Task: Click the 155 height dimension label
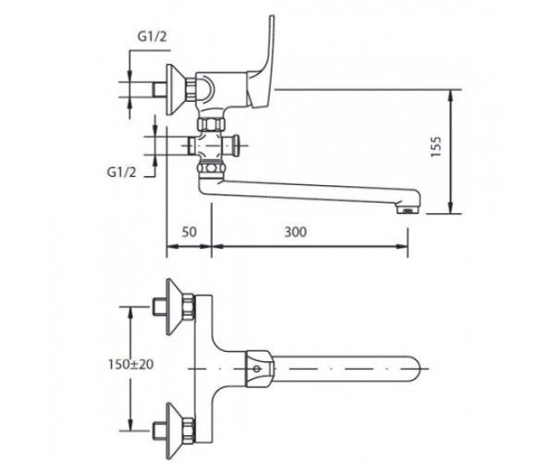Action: (x=436, y=147)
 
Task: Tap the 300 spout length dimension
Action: (x=296, y=232)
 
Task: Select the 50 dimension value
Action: (x=189, y=232)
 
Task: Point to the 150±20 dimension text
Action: (x=131, y=364)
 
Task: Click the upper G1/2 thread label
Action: (x=152, y=36)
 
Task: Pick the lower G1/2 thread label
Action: (x=122, y=172)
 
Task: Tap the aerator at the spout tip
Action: (x=408, y=208)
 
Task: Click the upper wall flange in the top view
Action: (x=176, y=307)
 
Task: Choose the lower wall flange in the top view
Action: (x=176, y=430)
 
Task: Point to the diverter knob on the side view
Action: (x=234, y=145)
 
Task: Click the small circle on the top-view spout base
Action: (x=257, y=369)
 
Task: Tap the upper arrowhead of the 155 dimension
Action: (x=450, y=95)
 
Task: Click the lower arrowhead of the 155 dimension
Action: (x=450, y=208)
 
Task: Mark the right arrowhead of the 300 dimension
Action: (x=402, y=246)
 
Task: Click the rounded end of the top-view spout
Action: (x=414, y=369)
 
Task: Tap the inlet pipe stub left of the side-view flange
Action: (x=160, y=90)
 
